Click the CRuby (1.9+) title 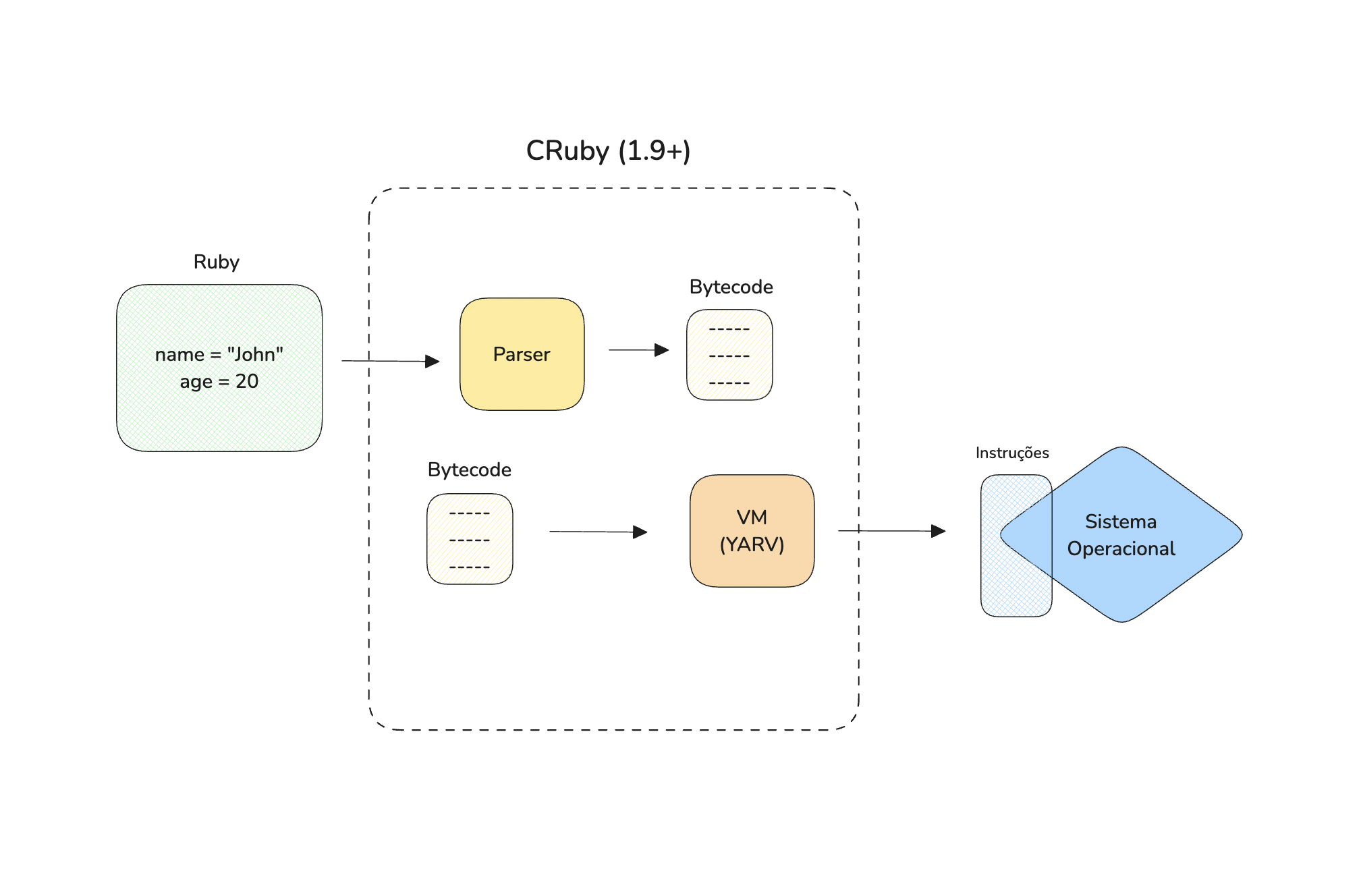pos(608,150)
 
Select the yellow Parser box pos(522,354)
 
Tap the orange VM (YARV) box pos(752,531)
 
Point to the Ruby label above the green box pos(216,262)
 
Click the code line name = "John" pos(219,354)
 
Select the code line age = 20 pos(219,382)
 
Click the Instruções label pos(1012,453)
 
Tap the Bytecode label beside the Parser pos(731,287)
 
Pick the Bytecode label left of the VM pos(469,470)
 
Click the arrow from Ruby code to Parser pos(391,361)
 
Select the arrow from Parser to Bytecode pos(639,350)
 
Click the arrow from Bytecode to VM pos(599,532)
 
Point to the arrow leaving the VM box pos(892,531)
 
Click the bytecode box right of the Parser pos(729,355)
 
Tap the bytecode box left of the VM pos(470,539)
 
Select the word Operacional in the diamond pos(1121,549)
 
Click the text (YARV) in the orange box pos(752,544)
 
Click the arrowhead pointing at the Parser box pos(433,362)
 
